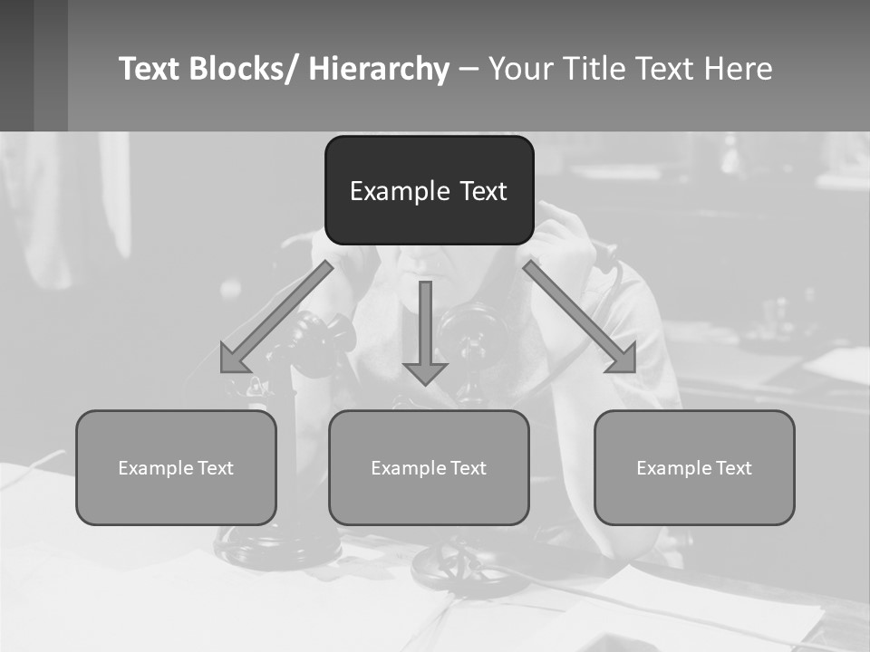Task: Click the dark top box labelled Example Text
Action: (x=429, y=190)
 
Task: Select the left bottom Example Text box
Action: (x=176, y=467)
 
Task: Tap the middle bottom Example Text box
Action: (x=429, y=467)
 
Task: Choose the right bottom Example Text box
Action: (x=694, y=467)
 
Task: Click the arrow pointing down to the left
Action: (x=275, y=317)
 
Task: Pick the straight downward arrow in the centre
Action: (x=425, y=331)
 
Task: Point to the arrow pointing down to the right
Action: (x=580, y=317)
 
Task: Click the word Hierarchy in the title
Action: (x=379, y=69)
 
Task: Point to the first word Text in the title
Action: (x=150, y=69)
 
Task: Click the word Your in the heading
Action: (x=522, y=69)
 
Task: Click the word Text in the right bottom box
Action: (x=733, y=468)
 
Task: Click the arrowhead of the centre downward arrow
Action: (x=425, y=372)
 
